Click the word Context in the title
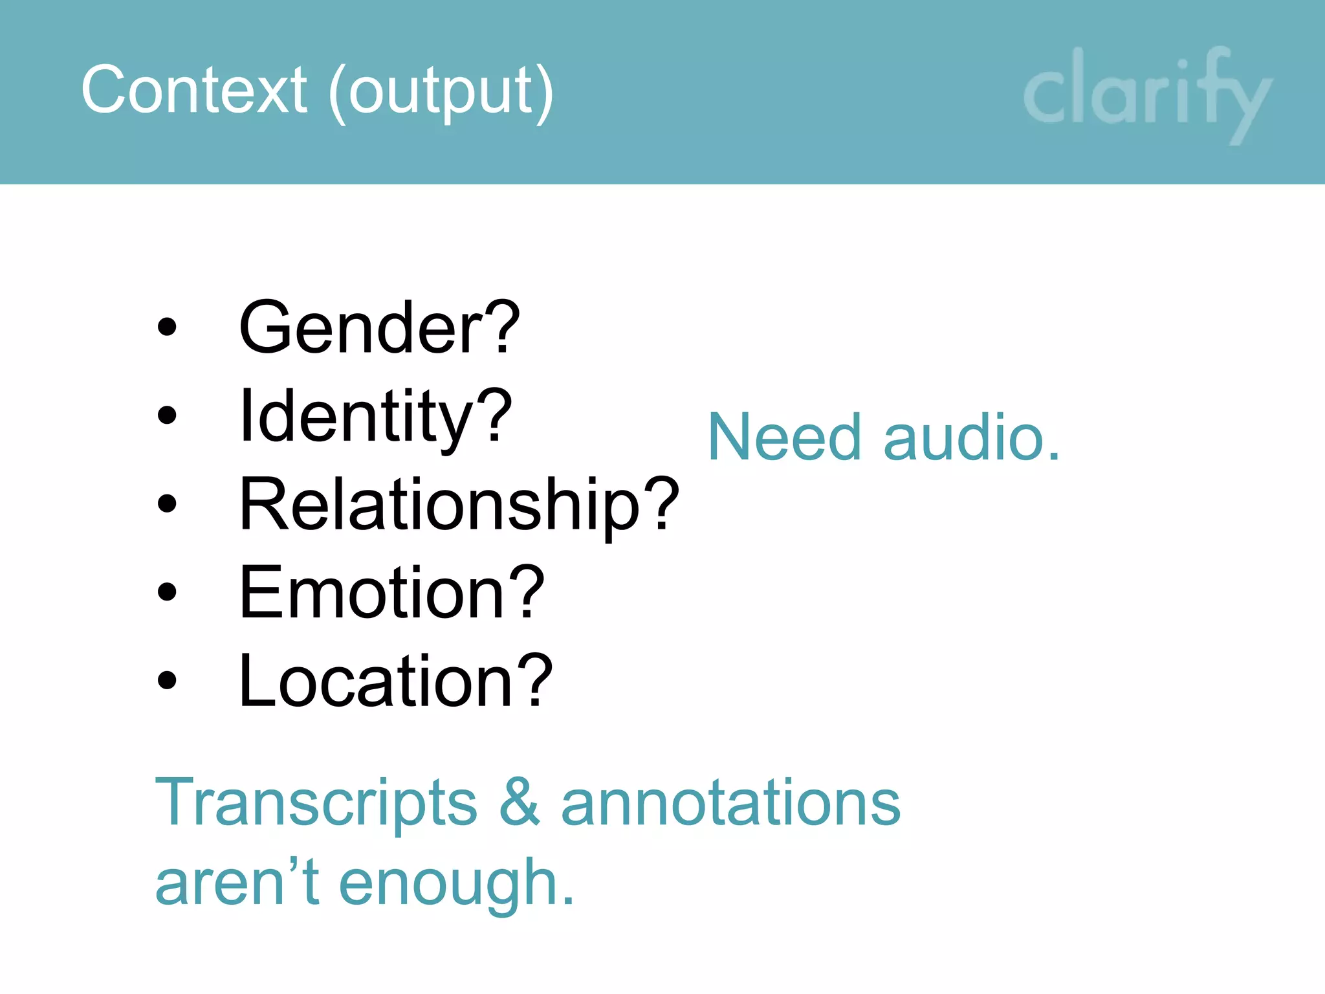(193, 90)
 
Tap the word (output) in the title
(441, 91)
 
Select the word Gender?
(379, 327)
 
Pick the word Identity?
(375, 417)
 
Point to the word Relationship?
(459, 505)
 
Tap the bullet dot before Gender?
(167, 327)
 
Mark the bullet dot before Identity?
(167, 415)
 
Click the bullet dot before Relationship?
(167, 503)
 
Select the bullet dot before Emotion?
(167, 591)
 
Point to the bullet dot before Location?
(167, 679)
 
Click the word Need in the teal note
(785, 438)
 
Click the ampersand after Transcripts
(520, 802)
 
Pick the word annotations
(730, 803)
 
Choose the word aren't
(237, 883)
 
